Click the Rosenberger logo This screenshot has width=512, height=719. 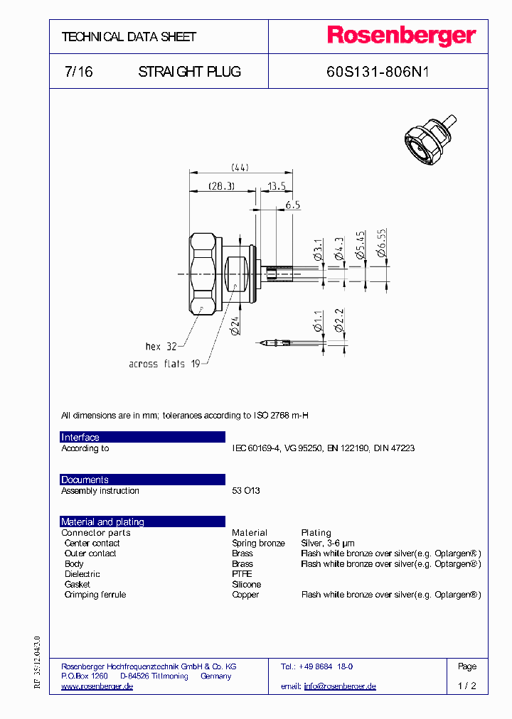click(x=401, y=36)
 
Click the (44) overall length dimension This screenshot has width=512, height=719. click(x=240, y=168)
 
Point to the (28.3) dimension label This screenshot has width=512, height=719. click(x=221, y=185)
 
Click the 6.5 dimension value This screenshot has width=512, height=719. click(x=293, y=205)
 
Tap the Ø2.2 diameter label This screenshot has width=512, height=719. click(x=340, y=321)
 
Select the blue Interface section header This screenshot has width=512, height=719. click(x=142, y=437)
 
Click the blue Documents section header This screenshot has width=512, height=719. click(x=142, y=480)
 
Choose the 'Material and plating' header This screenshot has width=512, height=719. click(x=142, y=521)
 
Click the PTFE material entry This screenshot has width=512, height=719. click(x=242, y=574)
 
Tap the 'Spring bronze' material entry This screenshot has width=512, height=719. click(x=258, y=543)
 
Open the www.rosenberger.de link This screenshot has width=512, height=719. click(x=97, y=686)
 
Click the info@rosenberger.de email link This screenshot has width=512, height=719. click(x=339, y=686)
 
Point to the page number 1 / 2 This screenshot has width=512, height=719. click(x=467, y=686)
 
